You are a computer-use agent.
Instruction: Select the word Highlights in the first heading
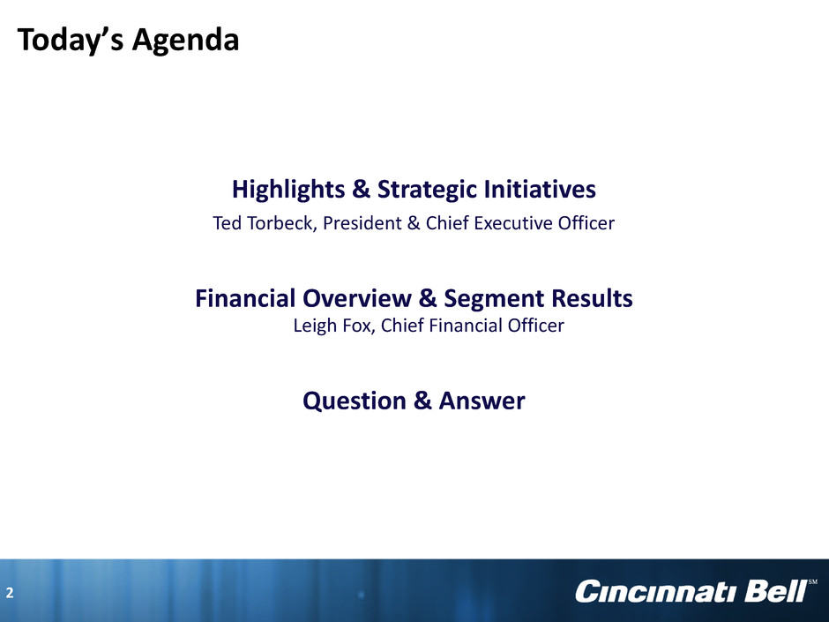point(288,190)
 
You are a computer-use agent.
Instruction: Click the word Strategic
point(427,190)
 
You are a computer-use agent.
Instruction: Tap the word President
point(362,223)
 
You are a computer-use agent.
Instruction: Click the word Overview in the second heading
point(357,298)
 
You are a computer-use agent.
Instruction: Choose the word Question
point(355,401)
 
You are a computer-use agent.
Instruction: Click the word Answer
point(482,401)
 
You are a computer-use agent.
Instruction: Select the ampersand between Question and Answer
point(422,401)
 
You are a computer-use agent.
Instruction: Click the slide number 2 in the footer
point(10,592)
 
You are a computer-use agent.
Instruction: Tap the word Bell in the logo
point(775,591)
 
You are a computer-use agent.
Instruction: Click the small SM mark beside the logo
point(812,581)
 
